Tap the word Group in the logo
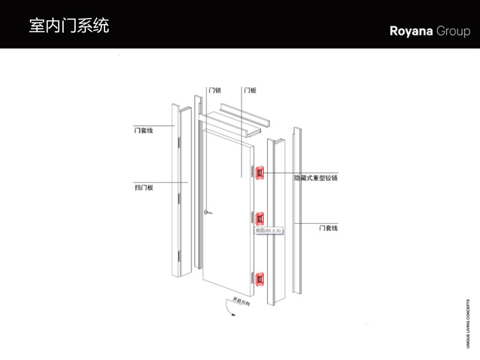[454, 32]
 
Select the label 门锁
[215, 91]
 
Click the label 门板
[250, 91]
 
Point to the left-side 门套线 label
[143, 130]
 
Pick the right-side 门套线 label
[328, 228]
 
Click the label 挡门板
[144, 187]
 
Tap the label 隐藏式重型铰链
[316, 178]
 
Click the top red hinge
[260, 173]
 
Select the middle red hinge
[260, 219]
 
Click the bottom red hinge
[260, 279]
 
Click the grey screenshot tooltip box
[268, 230]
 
